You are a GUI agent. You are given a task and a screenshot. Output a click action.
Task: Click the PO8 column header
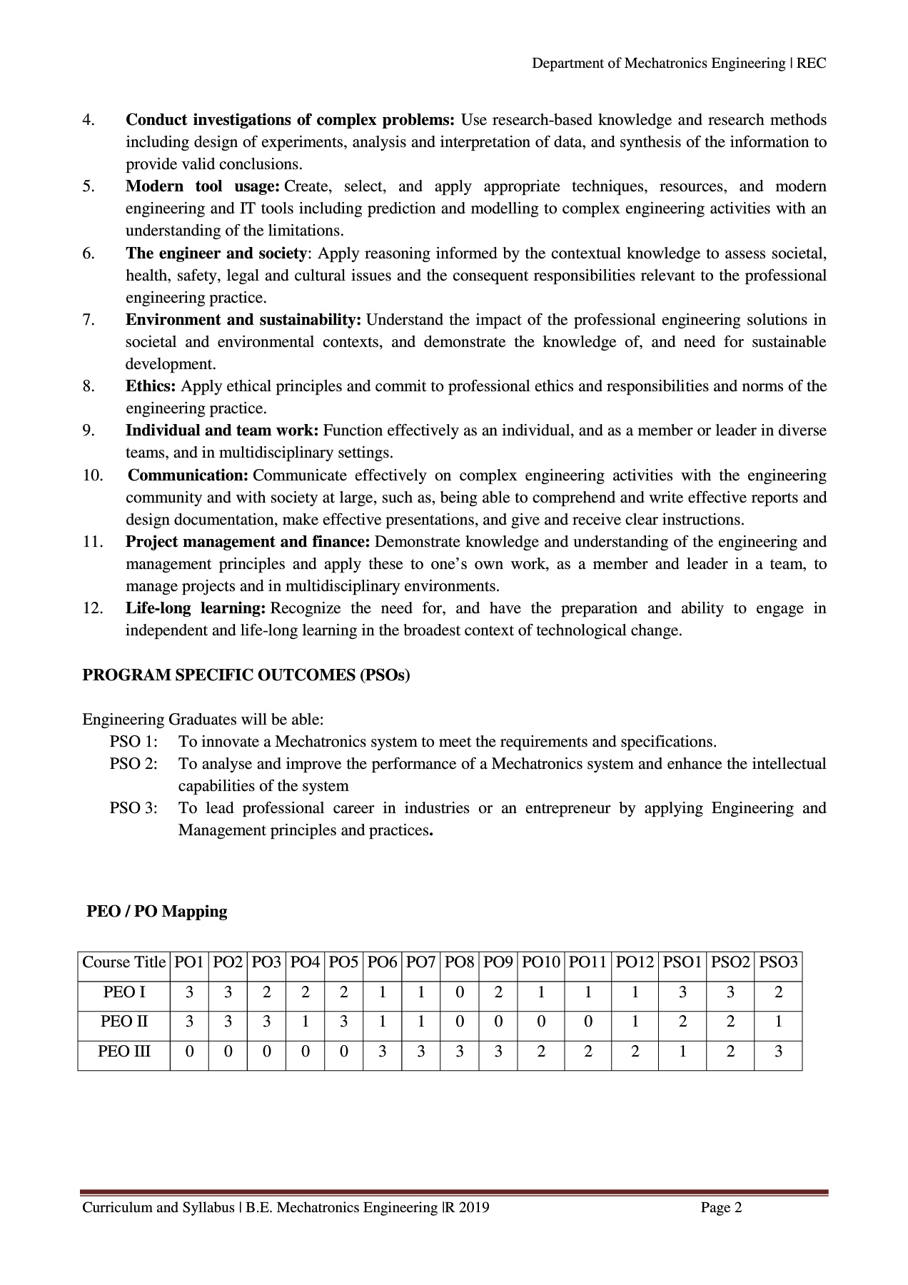pyautogui.click(x=459, y=962)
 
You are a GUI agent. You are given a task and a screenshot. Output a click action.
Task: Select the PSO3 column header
pyautogui.click(x=778, y=962)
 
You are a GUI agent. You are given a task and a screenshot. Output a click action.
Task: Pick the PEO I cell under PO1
pyautogui.click(x=189, y=992)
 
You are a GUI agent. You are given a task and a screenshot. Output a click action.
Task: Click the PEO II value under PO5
pyautogui.click(x=343, y=1022)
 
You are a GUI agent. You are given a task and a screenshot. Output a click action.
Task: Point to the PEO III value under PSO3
pyautogui.click(x=778, y=1052)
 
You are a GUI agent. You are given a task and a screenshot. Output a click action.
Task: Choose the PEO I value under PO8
pyautogui.click(x=459, y=992)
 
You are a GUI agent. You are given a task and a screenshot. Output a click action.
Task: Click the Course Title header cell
pyautogui.click(x=124, y=962)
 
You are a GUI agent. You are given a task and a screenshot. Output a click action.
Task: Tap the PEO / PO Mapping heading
pyautogui.click(x=156, y=912)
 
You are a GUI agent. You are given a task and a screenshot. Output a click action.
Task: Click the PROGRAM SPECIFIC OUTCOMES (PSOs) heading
pyautogui.click(x=246, y=675)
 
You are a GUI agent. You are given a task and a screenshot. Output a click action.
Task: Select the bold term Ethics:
pyautogui.click(x=151, y=386)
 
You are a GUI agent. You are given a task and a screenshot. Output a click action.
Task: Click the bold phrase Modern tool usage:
pyautogui.click(x=202, y=186)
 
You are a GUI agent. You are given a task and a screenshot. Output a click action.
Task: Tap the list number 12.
pyautogui.click(x=92, y=608)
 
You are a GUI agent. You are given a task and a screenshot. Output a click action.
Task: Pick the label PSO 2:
pyautogui.click(x=133, y=764)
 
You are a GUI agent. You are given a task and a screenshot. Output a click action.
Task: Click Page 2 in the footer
pyautogui.click(x=721, y=1208)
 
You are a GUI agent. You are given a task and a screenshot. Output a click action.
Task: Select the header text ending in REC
pyautogui.click(x=679, y=64)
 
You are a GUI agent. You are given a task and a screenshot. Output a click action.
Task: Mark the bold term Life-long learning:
pyautogui.click(x=196, y=608)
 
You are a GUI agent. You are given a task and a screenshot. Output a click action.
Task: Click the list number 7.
pyautogui.click(x=89, y=320)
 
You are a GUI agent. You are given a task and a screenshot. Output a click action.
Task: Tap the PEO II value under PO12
pyautogui.click(x=635, y=1022)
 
